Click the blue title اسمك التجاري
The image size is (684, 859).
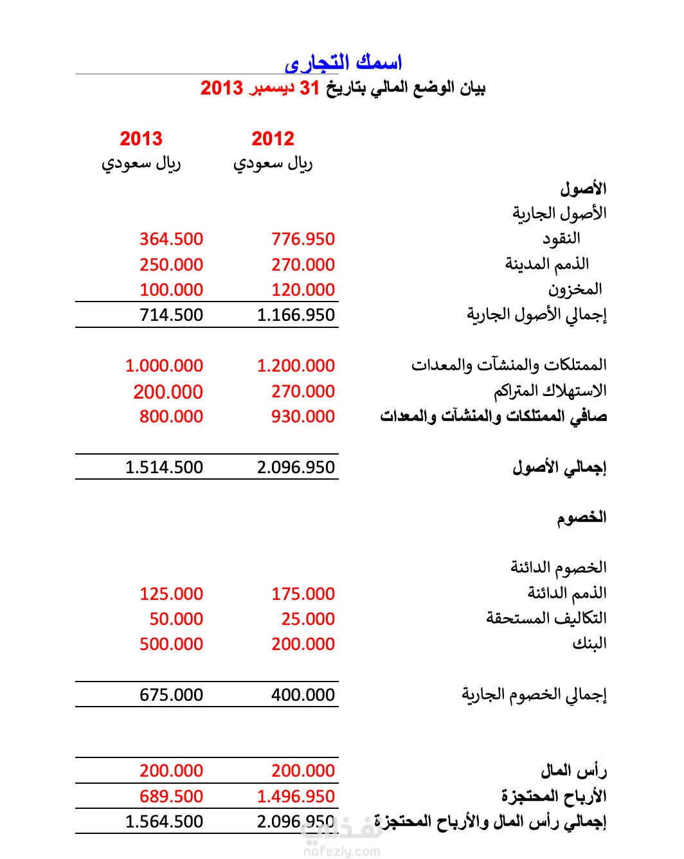pyautogui.click(x=343, y=62)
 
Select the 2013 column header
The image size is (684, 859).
pyautogui.click(x=141, y=138)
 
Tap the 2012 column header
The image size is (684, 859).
pyautogui.click(x=273, y=138)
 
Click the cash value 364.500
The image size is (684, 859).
pyautogui.click(x=171, y=239)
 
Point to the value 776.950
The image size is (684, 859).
pyautogui.click(x=303, y=239)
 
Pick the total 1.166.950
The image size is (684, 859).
pyautogui.click(x=296, y=315)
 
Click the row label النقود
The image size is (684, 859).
pyautogui.click(x=561, y=239)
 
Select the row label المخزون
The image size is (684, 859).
pyautogui.click(x=575, y=289)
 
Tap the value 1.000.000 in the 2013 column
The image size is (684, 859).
pyautogui.click(x=164, y=366)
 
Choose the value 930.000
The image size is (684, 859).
pyautogui.click(x=303, y=417)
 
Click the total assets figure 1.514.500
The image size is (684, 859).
pyautogui.click(x=164, y=467)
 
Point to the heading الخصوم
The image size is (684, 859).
pyautogui.click(x=581, y=518)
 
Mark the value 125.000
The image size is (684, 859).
pyautogui.click(x=171, y=594)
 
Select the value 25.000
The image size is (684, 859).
pyautogui.click(x=308, y=619)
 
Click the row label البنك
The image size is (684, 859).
pyautogui.click(x=589, y=644)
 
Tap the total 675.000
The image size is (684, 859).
pyautogui.click(x=171, y=695)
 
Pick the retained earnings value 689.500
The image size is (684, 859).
pyautogui.click(x=171, y=797)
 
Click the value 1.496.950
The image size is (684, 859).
pyautogui.click(x=296, y=797)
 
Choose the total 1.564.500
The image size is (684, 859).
pyautogui.click(x=164, y=822)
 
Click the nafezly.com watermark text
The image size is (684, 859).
pyautogui.click(x=341, y=851)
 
